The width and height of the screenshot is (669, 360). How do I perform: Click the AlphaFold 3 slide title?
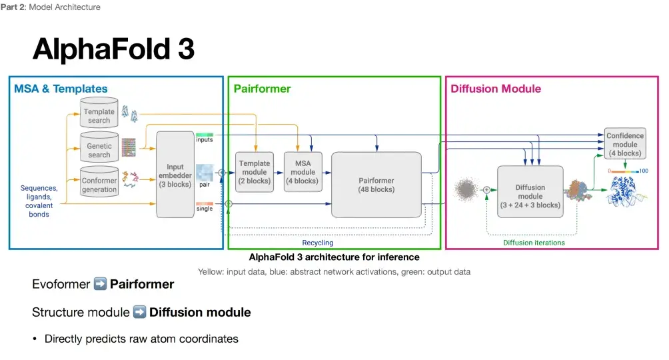point(113,49)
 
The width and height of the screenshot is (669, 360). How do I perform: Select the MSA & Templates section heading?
point(61,89)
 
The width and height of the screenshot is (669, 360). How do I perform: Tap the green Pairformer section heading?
point(262,89)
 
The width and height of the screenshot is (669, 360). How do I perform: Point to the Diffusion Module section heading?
point(496,89)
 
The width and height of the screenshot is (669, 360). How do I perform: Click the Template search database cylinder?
point(99,115)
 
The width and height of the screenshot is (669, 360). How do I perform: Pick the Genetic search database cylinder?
point(99,149)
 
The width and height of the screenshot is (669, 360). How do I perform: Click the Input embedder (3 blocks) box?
point(175,175)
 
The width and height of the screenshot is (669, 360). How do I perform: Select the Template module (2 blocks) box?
point(255,172)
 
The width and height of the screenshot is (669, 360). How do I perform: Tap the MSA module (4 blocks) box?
point(303,172)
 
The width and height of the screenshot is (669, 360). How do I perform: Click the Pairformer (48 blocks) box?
point(376,184)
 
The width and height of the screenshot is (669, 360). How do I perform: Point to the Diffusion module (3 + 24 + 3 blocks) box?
point(530,196)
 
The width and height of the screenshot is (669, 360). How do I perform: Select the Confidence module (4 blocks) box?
point(624,144)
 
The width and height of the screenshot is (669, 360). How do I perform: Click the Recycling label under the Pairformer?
point(318,243)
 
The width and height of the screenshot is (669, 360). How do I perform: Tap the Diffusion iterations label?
point(534,243)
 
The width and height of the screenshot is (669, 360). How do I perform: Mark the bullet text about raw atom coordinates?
point(141,339)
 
